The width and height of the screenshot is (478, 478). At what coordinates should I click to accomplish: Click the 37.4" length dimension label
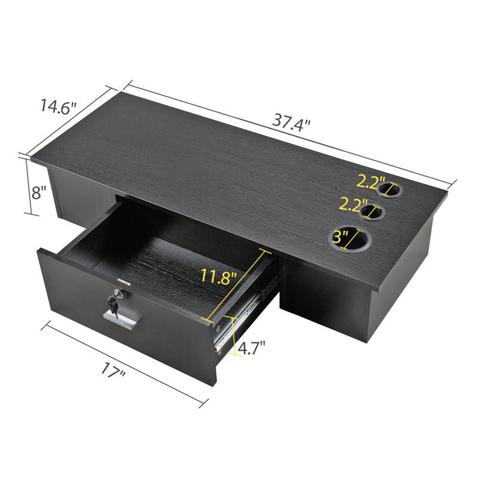click(x=293, y=123)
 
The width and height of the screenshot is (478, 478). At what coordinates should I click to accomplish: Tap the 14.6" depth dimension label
click(x=59, y=108)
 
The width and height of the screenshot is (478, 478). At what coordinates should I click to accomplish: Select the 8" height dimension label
click(x=39, y=192)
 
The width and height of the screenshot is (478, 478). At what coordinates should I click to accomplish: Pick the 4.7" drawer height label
click(x=251, y=347)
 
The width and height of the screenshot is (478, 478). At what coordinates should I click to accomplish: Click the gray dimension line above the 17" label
click(x=125, y=358)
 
